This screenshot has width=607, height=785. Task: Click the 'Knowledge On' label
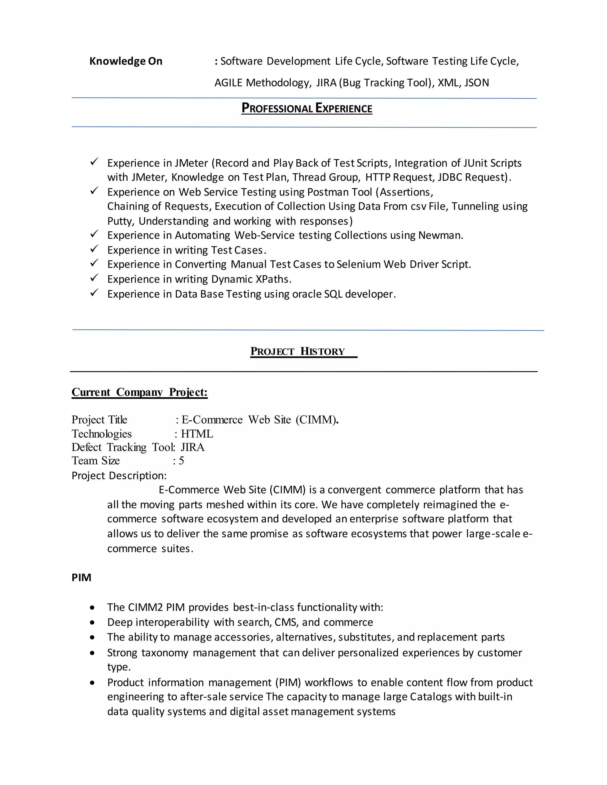click(x=125, y=61)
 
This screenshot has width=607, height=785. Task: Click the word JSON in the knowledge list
click(x=477, y=83)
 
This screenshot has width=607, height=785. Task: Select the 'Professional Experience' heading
click(x=307, y=108)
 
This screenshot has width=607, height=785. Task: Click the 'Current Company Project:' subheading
click(x=140, y=392)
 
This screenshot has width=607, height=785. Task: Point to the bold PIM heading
click(x=81, y=578)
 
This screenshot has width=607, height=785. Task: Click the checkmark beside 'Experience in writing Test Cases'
click(x=94, y=249)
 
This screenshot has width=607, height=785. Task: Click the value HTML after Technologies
click(x=197, y=434)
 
